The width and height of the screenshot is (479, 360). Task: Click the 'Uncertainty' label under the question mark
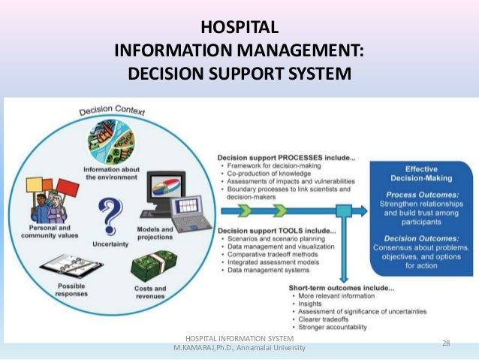(110, 244)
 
